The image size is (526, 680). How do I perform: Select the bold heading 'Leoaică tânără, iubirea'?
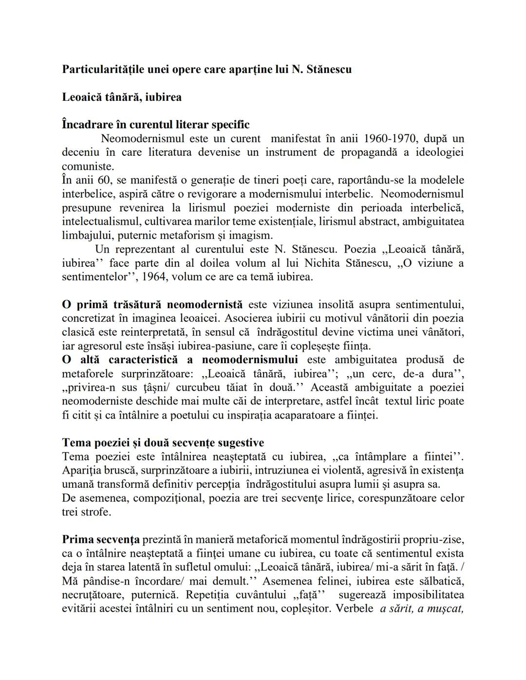[x=122, y=97]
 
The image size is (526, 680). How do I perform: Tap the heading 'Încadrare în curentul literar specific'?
[x=156, y=125]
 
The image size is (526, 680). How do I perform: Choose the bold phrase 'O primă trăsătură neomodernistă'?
[x=152, y=305]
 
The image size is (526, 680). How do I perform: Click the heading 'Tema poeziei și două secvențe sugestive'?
[x=163, y=443]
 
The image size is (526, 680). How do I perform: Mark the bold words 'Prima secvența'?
[x=101, y=540]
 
